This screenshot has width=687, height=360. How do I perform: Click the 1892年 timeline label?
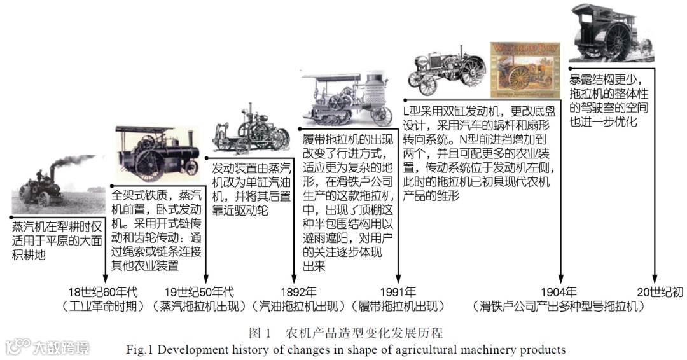(294, 293)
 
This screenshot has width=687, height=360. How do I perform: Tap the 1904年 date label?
(559, 293)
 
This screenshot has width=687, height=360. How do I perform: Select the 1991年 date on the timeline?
(398, 293)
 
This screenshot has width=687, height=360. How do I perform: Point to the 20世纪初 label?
(660, 293)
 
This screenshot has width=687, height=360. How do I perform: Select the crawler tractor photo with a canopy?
(346, 99)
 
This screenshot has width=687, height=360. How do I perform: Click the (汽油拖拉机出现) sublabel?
(298, 307)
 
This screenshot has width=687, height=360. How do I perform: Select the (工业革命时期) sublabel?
(105, 307)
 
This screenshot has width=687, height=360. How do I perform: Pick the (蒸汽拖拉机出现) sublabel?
(199, 307)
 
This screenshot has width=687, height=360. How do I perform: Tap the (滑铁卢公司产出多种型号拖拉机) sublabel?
(559, 307)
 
